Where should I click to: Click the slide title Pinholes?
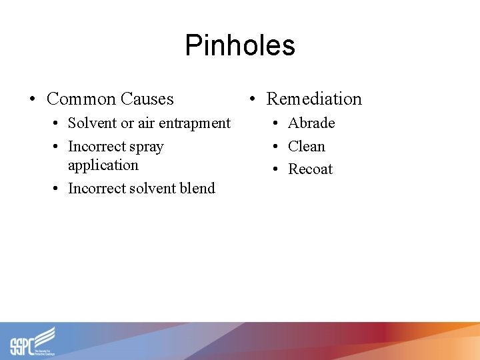coord(240,45)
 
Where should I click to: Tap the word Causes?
coord(147,99)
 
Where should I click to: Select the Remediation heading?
coord(314,99)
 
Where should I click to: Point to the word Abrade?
coord(311,123)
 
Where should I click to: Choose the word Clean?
coord(307,147)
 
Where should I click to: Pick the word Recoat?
coord(310,169)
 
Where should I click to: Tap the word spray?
coord(148,147)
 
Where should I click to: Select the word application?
coord(103,165)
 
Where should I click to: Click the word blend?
coord(197,189)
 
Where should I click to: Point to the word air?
coord(146,123)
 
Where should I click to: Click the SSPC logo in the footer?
coord(33,341)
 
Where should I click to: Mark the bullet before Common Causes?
coord(32,100)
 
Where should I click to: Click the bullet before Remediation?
coord(252,99)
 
